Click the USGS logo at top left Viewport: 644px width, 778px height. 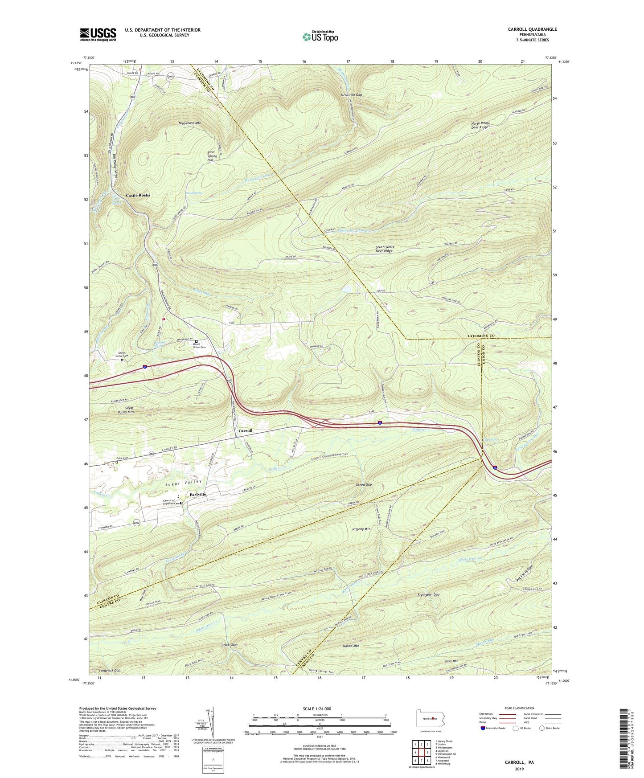coord(98,34)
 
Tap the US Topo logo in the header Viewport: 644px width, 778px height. coord(320,36)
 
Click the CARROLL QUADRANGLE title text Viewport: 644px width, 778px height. coord(532,29)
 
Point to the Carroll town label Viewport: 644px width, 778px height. coord(245,431)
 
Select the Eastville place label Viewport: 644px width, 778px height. coord(198,495)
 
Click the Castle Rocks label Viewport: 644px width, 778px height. coord(138,195)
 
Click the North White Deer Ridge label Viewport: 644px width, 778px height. coord(480,125)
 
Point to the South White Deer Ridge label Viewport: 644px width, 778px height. coord(385,249)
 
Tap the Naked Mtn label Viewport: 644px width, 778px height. coord(351,645)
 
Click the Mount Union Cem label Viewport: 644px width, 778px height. coord(199,346)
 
